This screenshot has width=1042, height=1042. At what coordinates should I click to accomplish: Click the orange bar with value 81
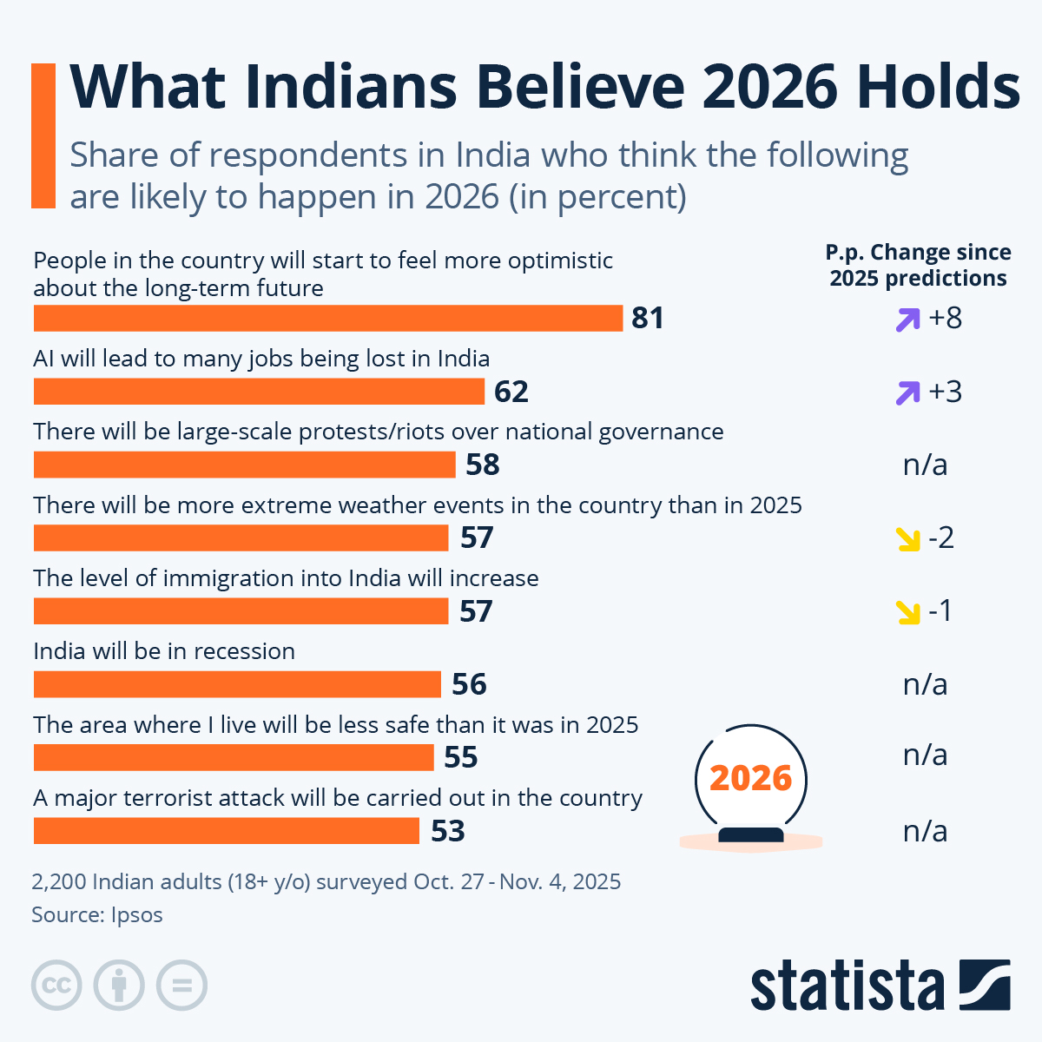pos(328,318)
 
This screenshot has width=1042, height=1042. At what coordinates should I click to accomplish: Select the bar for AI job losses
pos(259,392)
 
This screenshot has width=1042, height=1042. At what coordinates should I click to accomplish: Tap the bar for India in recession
pos(237,684)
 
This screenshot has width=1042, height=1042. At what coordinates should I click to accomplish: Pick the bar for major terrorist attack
pos(227,831)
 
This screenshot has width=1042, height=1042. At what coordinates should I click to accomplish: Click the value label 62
pos(511,392)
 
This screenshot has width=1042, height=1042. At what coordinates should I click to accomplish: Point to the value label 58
pos(483,465)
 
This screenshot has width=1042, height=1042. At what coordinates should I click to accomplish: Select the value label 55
pos(461,757)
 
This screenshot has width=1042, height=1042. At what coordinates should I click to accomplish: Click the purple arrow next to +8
pos(907,320)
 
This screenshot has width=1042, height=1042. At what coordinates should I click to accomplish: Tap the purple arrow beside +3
pos(907,392)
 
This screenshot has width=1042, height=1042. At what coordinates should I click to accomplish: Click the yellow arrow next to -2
pos(907,539)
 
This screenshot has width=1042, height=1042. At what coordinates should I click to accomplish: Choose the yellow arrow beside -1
pos(907,612)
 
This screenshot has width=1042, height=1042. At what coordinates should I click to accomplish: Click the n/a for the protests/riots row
pos(925,465)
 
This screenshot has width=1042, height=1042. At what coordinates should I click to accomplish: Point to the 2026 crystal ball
pos(751,781)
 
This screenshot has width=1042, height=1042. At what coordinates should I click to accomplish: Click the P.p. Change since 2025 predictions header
pos(918,265)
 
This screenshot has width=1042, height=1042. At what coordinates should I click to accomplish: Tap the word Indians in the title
pos(350,87)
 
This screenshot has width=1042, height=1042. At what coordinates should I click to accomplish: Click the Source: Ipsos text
pos(97,914)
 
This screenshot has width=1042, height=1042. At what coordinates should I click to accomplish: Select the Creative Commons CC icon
pos(56,986)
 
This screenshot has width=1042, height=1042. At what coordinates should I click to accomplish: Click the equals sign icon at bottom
pos(182,986)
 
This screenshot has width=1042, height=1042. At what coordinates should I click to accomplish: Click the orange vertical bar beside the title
pos(43,135)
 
